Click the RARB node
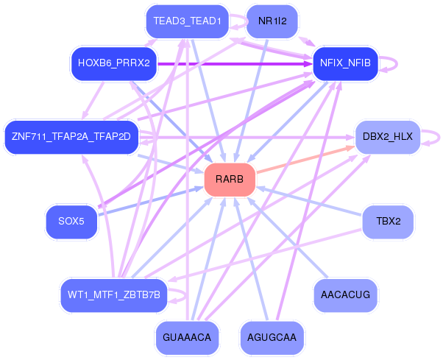pos(230,180)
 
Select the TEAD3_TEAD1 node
pos(187,21)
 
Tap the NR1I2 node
pos(272,21)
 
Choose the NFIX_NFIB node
pos(345,64)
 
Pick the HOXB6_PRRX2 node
pos(113,63)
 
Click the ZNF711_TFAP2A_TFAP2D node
pos(71,136)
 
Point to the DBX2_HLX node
pos(387,136)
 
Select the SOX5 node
pos(71,220)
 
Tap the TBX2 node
pos(388,220)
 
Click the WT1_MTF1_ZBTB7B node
pos(113,294)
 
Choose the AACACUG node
pos(345,294)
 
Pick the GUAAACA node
pos(187,337)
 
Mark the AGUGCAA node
pos(272,337)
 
